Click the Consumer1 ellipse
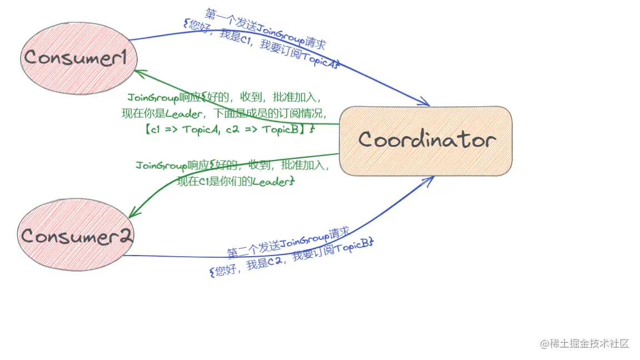[78, 58]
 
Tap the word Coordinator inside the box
[426, 139]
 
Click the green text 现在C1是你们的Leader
[234, 181]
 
